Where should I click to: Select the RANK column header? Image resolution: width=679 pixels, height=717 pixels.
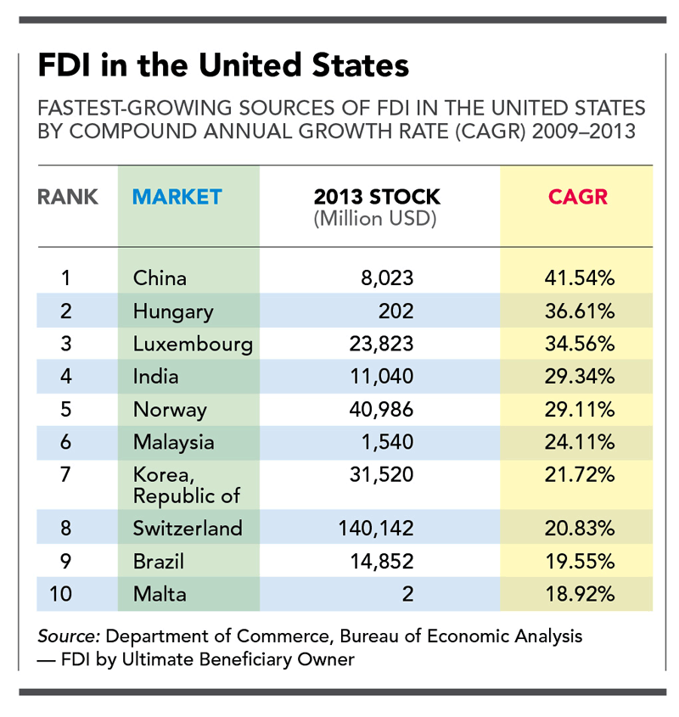click(x=68, y=197)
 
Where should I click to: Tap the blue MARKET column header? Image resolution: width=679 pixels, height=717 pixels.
click(x=177, y=197)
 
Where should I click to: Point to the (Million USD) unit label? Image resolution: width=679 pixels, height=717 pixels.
click(x=375, y=219)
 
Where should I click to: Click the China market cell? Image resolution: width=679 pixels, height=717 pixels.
click(x=160, y=277)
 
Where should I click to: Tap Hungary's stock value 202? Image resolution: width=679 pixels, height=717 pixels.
click(x=396, y=311)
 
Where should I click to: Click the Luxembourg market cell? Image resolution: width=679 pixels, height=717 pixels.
click(x=193, y=344)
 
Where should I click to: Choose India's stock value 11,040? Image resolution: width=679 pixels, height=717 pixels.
click(x=381, y=377)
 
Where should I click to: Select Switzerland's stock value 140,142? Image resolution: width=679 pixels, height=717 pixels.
click(x=375, y=529)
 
